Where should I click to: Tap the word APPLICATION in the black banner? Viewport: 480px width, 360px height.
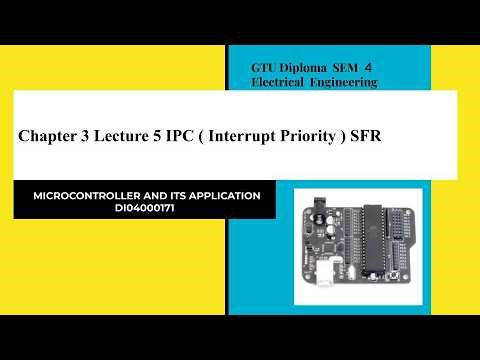point(231,196)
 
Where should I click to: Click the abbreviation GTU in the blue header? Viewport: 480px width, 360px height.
point(267,66)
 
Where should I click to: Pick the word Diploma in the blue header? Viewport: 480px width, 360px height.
point(310,66)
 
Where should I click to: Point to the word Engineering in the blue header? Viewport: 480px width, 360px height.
point(344,82)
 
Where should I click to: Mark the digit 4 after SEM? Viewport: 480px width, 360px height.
point(378,66)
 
